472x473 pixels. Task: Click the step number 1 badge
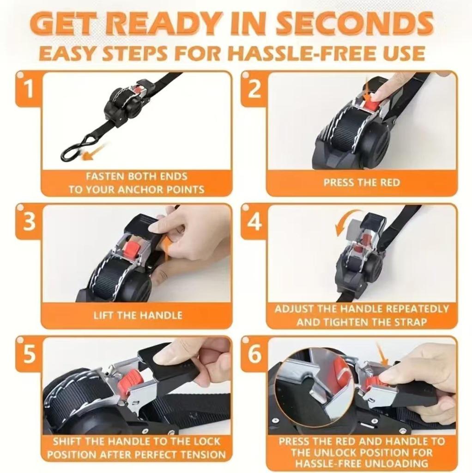pos(29,89)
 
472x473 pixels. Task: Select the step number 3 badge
pos(29,222)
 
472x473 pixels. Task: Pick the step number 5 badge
pos(29,354)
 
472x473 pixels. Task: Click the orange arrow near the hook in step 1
pos(91,154)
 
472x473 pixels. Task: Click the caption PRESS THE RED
pos(362,182)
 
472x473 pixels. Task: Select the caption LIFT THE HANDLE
pos(138,315)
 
